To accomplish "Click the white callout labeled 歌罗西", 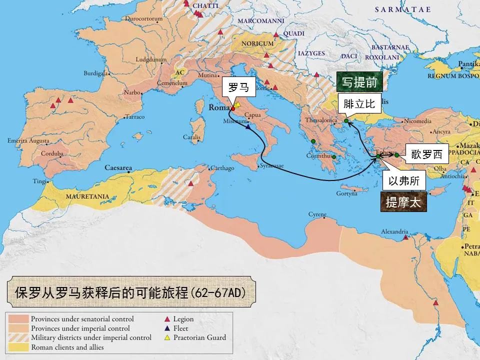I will tap(426, 154).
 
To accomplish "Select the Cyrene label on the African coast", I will tap(317, 214).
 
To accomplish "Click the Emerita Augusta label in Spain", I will tap(28, 141).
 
